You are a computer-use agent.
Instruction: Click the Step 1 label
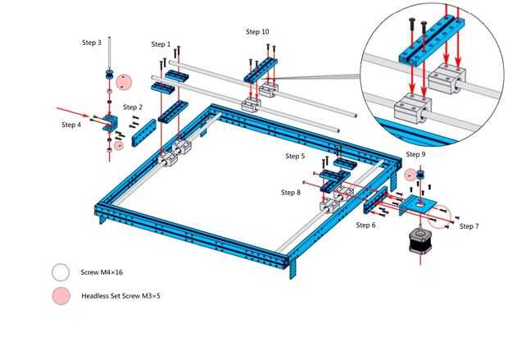point(161,44)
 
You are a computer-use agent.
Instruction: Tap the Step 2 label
point(133,107)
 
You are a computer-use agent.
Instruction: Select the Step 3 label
point(92,42)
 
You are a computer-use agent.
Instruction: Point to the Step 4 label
point(71,125)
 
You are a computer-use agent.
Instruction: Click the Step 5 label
point(295,156)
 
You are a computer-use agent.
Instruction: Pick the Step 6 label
point(366,225)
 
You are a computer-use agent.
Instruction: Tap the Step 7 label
point(469,226)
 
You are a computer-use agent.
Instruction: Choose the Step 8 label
point(291,193)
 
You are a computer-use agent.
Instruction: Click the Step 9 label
point(415,154)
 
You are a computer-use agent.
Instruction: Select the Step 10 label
point(257,32)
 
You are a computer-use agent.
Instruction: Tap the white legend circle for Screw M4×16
point(61,272)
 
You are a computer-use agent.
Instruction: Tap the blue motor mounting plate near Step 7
point(420,203)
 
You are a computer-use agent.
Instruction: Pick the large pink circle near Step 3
point(123,82)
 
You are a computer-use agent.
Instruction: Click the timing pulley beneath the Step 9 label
point(415,175)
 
